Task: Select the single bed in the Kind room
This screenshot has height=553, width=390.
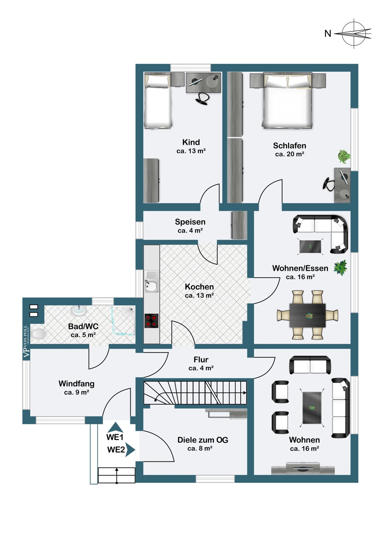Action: [x=158, y=101]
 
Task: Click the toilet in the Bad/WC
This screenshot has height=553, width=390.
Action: [x=38, y=334]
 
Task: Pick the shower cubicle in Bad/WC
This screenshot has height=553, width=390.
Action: [x=123, y=321]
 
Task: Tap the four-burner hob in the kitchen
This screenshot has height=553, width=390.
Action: [x=151, y=321]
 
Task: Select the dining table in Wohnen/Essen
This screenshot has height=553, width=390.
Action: [x=307, y=315]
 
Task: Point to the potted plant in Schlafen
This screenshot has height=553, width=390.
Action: [x=344, y=156]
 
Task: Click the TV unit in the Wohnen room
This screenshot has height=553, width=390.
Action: [x=303, y=470]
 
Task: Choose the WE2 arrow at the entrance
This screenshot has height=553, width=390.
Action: [x=130, y=450]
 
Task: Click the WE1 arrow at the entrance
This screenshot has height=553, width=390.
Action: [x=116, y=427]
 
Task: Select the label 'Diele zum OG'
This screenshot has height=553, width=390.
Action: [x=202, y=440]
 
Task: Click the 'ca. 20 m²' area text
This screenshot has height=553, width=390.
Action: [x=290, y=154]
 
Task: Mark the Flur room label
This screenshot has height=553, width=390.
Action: [x=201, y=359]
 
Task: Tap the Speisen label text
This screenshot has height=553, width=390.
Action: [x=190, y=222]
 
